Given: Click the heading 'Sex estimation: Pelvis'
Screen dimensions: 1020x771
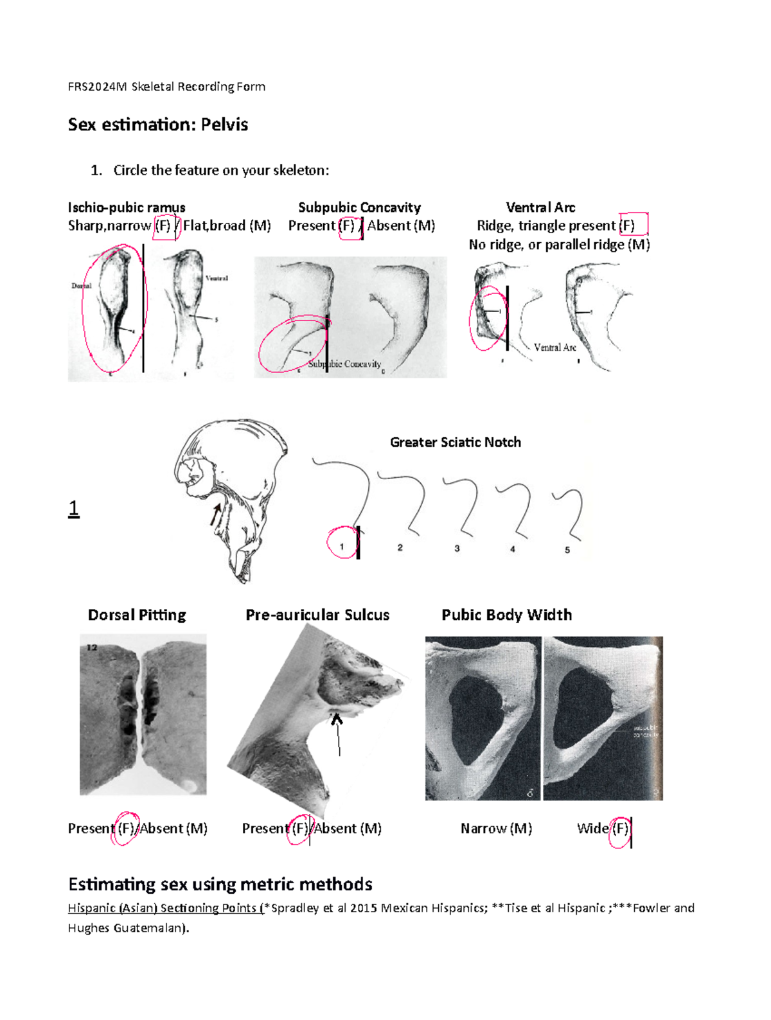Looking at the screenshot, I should (x=158, y=125).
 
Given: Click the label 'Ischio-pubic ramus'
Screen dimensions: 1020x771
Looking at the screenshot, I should (x=127, y=207).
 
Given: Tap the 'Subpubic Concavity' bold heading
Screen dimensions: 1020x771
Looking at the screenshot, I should (x=359, y=207).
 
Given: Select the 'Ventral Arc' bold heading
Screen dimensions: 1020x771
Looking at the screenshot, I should (x=540, y=207).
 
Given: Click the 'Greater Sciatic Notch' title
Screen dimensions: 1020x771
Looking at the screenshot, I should (x=456, y=443).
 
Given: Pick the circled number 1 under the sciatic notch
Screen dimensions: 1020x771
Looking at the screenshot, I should (x=342, y=547).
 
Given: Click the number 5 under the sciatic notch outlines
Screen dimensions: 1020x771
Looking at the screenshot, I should (x=567, y=550).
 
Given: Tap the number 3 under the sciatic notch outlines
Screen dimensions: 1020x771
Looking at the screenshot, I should (x=457, y=549).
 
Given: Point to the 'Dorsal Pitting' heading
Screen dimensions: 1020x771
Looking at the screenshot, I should (x=137, y=615).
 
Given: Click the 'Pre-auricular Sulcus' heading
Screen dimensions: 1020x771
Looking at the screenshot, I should (x=317, y=615).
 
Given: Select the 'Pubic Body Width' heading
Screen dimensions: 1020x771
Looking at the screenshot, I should (x=506, y=615).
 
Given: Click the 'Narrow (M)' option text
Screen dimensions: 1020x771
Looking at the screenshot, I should (x=496, y=829).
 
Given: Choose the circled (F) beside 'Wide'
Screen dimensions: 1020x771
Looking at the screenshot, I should (x=620, y=829).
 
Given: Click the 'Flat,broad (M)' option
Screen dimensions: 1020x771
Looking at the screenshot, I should (x=227, y=226).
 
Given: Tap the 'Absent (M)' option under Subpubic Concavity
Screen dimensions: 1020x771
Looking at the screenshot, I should (x=401, y=226).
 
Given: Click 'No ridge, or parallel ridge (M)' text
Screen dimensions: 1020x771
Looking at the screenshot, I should (x=559, y=245).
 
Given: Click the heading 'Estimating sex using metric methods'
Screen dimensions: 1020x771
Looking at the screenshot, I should (x=220, y=884).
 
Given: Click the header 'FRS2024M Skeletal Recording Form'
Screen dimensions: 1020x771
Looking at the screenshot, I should (x=166, y=87).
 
